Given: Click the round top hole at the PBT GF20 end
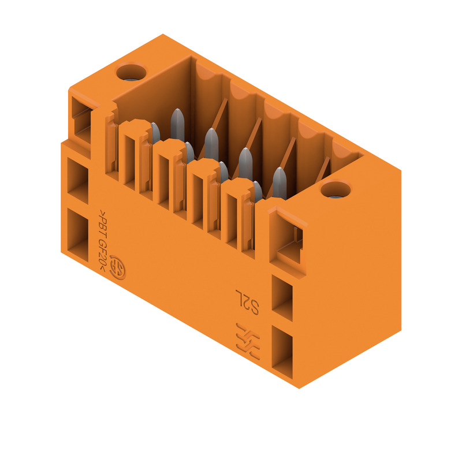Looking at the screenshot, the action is click(x=131, y=72).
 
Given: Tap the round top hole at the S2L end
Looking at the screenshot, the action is click(x=336, y=189).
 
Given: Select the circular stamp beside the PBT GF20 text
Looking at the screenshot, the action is click(x=117, y=267).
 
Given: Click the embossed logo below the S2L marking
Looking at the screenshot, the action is click(x=248, y=341).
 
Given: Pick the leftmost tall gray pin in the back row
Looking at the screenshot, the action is click(x=177, y=125).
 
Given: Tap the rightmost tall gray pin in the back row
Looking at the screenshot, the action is click(x=280, y=183).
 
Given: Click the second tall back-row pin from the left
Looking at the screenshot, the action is click(x=211, y=144).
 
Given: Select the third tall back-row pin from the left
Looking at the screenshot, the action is click(x=245, y=164).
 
